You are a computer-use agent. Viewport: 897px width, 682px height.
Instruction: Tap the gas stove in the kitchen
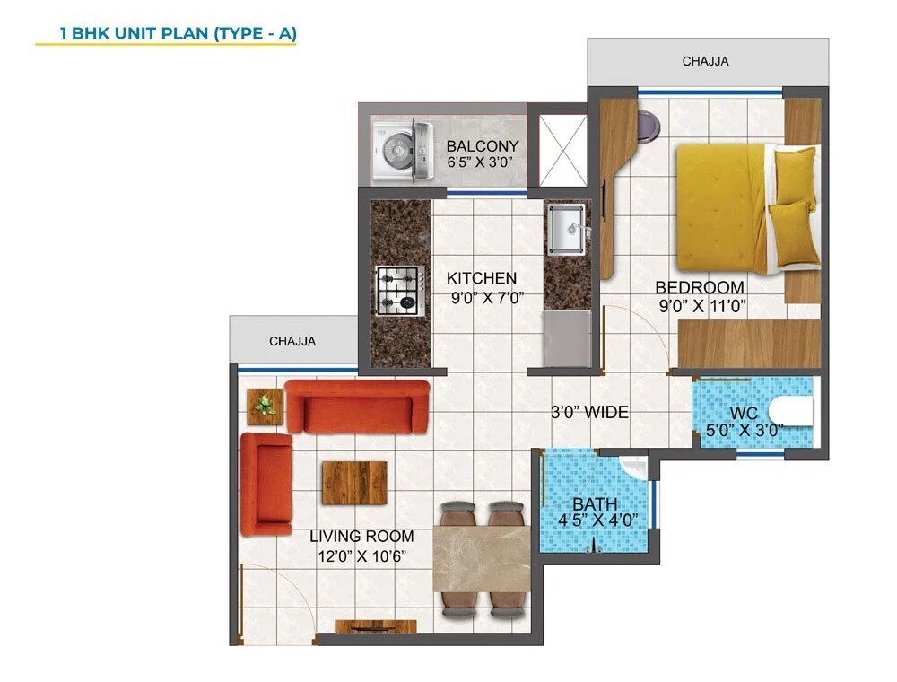point(398,290)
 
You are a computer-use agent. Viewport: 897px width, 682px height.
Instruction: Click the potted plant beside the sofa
point(264,406)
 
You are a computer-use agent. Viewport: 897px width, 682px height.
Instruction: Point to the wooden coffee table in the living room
point(353,483)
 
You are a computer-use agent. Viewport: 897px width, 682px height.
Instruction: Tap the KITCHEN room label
point(482,278)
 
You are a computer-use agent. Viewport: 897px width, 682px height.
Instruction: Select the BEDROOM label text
point(700,287)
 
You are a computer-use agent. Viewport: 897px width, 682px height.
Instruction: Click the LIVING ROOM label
point(361,537)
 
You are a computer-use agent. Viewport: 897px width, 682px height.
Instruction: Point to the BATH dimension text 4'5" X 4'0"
point(595,520)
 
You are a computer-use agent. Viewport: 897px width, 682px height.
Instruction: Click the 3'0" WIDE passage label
point(589,413)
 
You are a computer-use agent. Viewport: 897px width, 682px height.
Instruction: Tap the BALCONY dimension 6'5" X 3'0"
point(483,163)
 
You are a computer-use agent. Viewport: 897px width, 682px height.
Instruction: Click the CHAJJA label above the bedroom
point(705,62)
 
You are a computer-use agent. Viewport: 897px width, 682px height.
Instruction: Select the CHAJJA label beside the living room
point(292,341)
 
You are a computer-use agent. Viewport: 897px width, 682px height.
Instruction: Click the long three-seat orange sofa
point(357,407)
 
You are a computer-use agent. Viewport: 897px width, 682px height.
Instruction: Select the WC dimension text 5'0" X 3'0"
point(745,430)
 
